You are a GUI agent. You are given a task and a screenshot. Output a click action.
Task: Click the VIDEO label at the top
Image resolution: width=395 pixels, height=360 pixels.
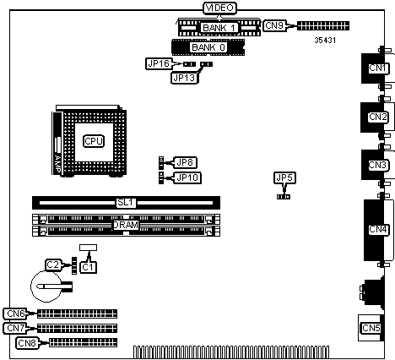click(x=219, y=8)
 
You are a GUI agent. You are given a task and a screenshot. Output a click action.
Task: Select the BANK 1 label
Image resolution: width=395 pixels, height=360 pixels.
click(x=219, y=28)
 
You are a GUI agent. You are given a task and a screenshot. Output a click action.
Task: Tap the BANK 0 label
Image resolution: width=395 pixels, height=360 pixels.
click(x=208, y=47)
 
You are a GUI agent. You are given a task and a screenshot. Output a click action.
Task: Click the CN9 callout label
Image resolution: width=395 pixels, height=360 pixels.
click(x=274, y=25)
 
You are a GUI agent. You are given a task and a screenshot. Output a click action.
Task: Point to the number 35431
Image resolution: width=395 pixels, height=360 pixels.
click(x=325, y=41)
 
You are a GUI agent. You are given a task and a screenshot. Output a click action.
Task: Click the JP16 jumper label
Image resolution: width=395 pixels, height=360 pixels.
click(x=159, y=63)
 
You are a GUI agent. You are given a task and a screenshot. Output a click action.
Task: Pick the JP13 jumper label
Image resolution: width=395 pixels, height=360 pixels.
click(x=184, y=78)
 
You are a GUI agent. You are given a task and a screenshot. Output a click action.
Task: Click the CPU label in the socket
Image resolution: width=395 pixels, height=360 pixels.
click(x=94, y=141)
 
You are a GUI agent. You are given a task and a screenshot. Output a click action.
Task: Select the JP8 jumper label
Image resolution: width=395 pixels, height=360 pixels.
click(x=185, y=162)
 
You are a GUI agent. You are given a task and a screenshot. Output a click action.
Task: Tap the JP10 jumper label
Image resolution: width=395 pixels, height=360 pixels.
click(x=187, y=177)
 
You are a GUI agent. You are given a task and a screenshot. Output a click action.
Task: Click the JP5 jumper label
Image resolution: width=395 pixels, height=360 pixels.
click(x=284, y=177)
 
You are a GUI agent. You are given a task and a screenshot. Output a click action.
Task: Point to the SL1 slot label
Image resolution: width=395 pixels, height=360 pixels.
click(x=126, y=202)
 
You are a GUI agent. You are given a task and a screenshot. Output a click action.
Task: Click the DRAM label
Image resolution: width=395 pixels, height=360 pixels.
click(x=126, y=225)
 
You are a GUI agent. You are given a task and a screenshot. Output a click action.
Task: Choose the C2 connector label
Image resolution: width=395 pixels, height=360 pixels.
click(x=53, y=265)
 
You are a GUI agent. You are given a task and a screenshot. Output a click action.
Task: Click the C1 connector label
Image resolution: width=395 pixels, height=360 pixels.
click(x=89, y=267)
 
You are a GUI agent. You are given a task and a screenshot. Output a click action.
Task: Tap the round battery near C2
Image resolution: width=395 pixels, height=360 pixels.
click(x=46, y=286)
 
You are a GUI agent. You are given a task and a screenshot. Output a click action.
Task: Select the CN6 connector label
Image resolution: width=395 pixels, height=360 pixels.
click(x=16, y=314)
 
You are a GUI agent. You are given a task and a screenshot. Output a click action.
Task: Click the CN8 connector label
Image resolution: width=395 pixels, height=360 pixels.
click(x=27, y=343)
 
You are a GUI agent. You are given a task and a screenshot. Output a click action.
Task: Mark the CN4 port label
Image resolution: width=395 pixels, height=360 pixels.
click(x=378, y=229)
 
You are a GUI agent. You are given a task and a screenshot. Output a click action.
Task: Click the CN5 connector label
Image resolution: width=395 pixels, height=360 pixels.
click(x=371, y=328)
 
